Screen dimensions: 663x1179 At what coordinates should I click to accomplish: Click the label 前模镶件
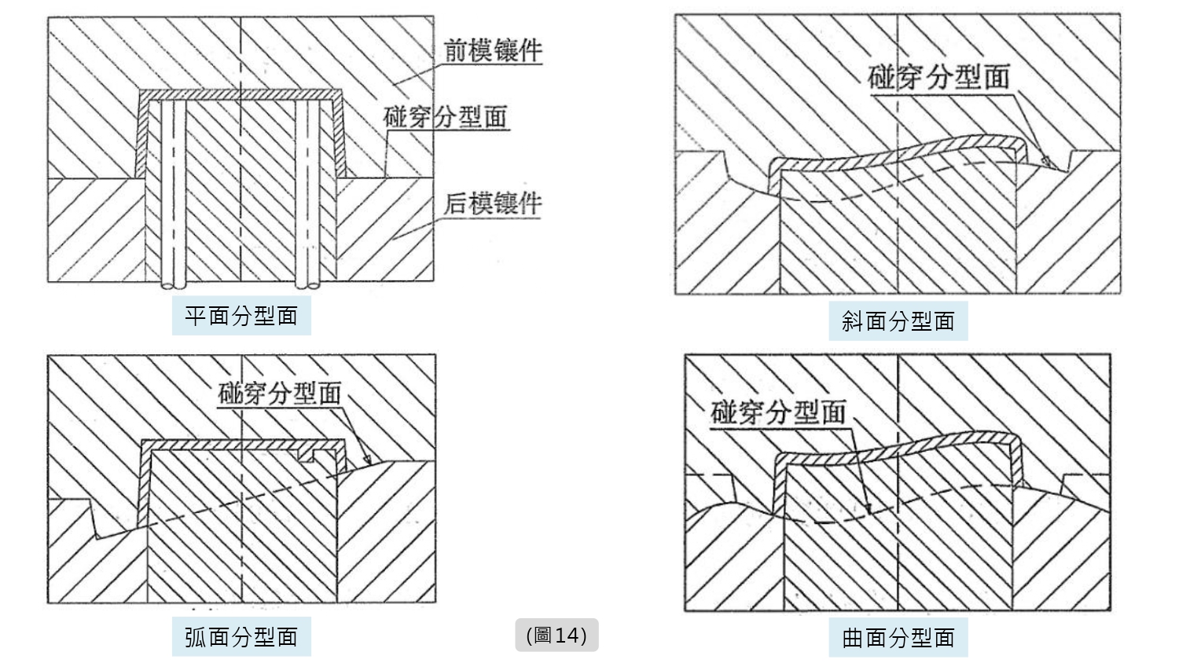(x=493, y=51)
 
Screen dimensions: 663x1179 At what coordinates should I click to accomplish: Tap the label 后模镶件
(x=493, y=203)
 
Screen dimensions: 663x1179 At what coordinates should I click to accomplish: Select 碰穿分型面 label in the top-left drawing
(x=445, y=117)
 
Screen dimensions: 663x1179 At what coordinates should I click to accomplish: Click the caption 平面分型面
(x=241, y=316)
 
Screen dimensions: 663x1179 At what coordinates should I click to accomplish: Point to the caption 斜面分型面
(x=898, y=321)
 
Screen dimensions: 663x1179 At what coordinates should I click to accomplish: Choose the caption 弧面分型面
(x=241, y=636)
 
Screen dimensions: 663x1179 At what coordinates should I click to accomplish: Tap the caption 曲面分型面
(x=898, y=637)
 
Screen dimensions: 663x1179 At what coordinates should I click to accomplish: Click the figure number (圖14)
(x=556, y=635)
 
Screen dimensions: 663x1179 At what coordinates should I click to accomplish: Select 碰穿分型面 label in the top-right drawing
(x=938, y=77)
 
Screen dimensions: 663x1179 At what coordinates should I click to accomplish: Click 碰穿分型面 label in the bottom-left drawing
(x=279, y=393)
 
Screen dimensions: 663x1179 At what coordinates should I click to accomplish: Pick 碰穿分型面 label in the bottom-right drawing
(x=778, y=412)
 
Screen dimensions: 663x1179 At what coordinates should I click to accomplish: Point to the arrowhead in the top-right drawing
(x=1046, y=162)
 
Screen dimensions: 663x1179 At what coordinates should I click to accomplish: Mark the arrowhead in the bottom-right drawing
(x=869, y=511)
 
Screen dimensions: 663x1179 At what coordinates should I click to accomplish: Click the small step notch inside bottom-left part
(x=321, y=454)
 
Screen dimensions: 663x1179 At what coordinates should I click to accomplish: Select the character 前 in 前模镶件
(x=457, y=51)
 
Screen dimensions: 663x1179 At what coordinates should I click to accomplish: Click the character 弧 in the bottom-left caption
(x=196, y=636)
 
